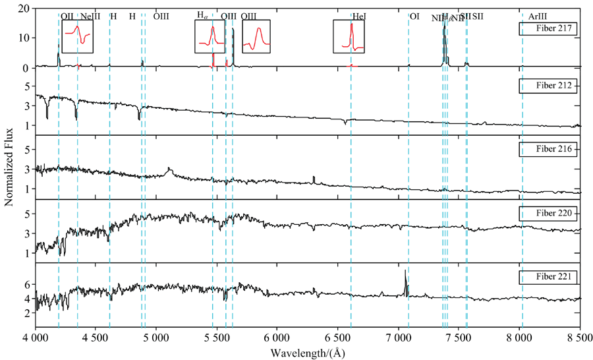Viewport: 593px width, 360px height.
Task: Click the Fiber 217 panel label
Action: (x=548, y=29)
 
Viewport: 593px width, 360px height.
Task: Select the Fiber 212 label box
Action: (x=548, y=86)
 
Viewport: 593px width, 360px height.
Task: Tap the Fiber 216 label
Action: (x=548, y=149)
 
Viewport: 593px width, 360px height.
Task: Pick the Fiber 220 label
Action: (x=548, y=214)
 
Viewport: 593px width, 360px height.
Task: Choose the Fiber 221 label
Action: (x=548, y=277)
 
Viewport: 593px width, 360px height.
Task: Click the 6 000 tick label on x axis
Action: (x=277, y=338)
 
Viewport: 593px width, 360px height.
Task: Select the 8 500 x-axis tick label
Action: (x=579, y=338)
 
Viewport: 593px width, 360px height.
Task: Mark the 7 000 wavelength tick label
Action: (x=397, y=338)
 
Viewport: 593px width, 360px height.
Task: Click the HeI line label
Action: (x=360, y=16)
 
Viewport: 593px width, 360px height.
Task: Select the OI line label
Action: (x=414, y=16)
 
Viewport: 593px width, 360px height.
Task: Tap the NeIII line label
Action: (x=90, y=16)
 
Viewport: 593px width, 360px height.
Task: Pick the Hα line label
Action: (x=204, y=15)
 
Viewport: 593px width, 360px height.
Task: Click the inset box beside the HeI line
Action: (x=348, y=36)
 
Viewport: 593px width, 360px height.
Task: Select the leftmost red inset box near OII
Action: (x=77, y=36)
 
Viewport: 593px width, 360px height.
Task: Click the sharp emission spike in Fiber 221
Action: (x=405, y=280)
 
